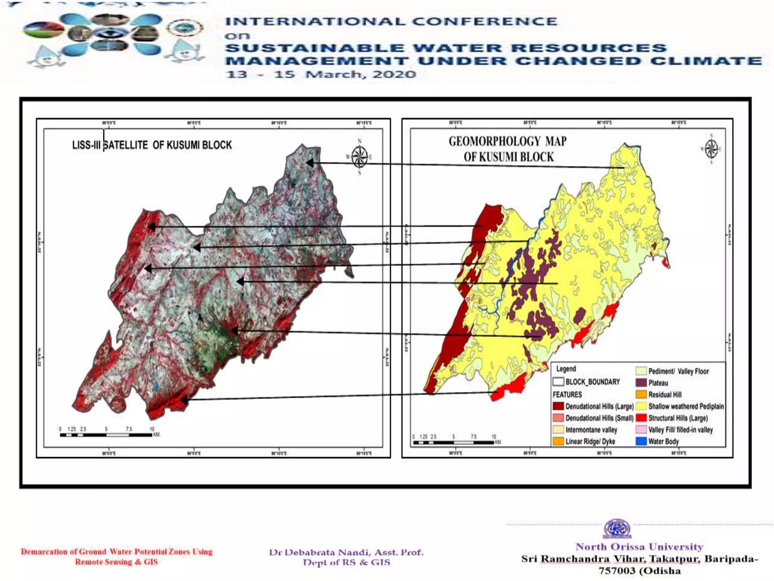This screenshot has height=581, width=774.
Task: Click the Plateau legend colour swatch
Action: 641,383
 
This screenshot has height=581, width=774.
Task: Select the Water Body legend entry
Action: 657,441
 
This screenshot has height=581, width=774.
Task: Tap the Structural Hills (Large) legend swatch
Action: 641,418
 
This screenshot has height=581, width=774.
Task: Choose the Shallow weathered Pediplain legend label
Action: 686,406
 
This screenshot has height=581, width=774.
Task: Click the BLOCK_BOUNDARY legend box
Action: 558,382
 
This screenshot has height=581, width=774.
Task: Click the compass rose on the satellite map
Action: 359,157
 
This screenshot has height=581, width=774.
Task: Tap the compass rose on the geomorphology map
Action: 711,149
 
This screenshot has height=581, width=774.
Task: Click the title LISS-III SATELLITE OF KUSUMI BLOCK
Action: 152,145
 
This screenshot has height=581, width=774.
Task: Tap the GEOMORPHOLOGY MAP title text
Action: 508,141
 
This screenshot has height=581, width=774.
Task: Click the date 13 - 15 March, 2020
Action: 321,74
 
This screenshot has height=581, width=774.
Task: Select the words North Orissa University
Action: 639,547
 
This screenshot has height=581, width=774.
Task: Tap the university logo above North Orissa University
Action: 617,529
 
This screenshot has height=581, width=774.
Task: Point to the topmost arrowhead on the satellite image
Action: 310,163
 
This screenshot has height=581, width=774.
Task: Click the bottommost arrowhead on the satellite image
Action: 184,399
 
